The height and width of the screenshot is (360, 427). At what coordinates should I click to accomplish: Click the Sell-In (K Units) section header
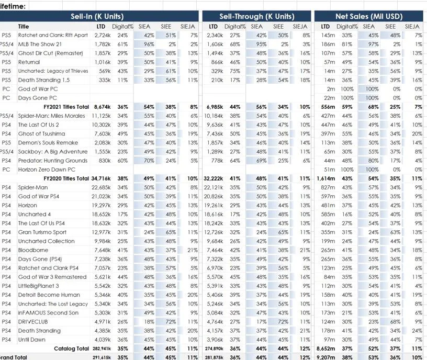pyautogui.click(x=99, y=16)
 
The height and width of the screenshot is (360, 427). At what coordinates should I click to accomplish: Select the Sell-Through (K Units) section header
pyautogui.click(x=256, y=16)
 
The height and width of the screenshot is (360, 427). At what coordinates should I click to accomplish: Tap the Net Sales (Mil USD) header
pyautogui.click(x=370, y=16)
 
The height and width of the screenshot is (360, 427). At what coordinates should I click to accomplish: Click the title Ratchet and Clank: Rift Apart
pyautogui.click(x=53, y=35)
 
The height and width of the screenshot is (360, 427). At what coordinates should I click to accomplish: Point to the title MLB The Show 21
pyautogui.click(x=40, y=44)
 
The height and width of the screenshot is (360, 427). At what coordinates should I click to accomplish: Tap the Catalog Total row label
pyautogui.click(x=71, y=348)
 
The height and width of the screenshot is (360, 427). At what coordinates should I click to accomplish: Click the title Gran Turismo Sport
pyautogui.click(x=42, y=232)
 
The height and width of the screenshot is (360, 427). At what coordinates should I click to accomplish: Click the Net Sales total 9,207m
pyautogui.click(x=325, y=357)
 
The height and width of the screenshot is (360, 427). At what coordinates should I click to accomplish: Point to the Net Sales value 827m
pyautogui.click(x=328, y=187)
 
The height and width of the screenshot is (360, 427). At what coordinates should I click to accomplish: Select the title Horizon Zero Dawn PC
pyautogui.click(x=47, y=170)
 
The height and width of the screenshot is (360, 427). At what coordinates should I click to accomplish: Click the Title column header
pyautogui.click(x=24, y=26)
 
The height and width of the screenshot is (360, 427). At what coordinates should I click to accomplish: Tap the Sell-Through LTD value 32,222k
pyautogui.click(x=212, y=178)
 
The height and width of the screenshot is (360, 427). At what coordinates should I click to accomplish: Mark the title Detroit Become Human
pyautogui.click(x=49, y=295)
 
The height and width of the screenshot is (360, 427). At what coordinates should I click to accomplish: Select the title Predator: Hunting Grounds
pyautogui.click(x=53, y=161)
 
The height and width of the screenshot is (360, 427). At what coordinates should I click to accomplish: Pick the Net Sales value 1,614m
pyautogui.click(x=325, y=178)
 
